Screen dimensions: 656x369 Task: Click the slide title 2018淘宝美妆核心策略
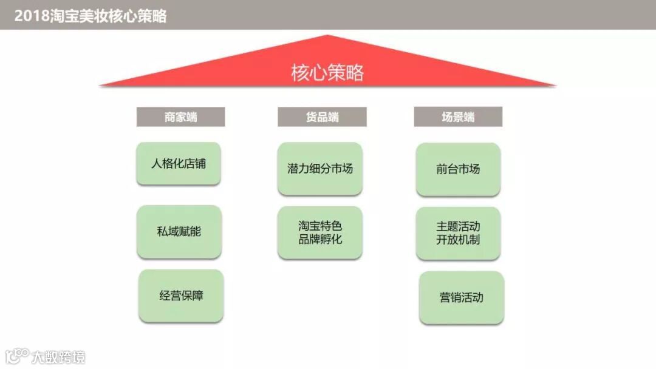91,16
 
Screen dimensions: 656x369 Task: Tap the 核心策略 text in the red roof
327,73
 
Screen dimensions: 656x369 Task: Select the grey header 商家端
180,117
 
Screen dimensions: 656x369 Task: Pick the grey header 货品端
322,117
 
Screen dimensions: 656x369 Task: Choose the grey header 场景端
458,117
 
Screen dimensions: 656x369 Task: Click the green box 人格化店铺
179,163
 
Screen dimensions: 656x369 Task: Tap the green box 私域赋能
179,231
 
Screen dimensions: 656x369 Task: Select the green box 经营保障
181,296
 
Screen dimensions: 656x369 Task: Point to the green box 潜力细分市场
320,169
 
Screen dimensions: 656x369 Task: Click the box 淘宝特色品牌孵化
320,232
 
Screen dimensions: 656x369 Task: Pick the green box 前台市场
458,169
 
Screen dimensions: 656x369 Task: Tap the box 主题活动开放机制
458,233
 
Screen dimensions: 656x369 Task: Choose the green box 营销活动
461,297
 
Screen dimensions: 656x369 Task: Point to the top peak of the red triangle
328,36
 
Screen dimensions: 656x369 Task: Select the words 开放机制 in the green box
458,240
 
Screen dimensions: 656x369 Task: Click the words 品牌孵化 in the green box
320,239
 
